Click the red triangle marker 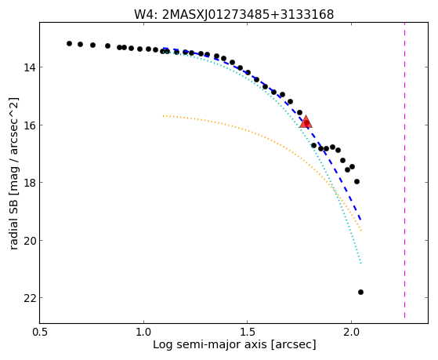[306, 122]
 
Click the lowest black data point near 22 [360, 292]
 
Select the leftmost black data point [69, 43]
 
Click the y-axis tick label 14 [29, 67]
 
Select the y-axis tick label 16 [29, 125]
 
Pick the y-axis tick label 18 [29, 183]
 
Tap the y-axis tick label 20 [29, 240]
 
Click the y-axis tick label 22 [29, 298]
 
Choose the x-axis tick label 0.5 [40, 332]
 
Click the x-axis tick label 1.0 [143, 332]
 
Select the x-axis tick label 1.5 [248, 332]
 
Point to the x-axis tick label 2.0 [351, 332]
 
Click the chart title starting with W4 [234, 15]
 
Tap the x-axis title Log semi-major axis [234, 344]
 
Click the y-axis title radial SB [14, 173]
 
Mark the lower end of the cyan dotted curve [361, 264]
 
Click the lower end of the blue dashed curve [361, 220]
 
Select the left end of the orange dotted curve [164, 115]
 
